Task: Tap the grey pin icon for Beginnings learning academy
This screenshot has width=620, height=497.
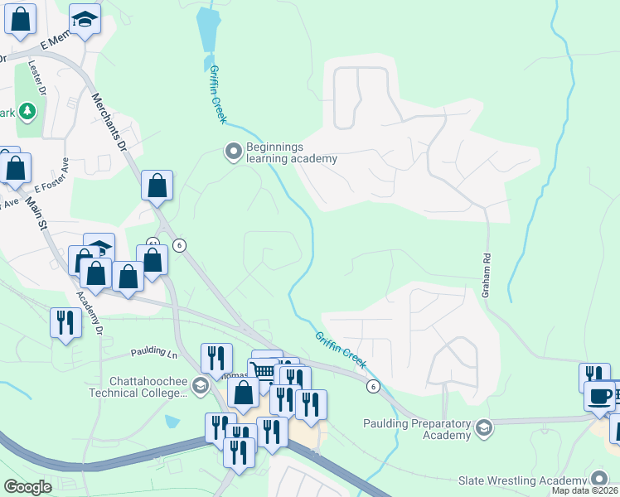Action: click(233, 151)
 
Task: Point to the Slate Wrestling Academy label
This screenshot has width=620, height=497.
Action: click(522, 480)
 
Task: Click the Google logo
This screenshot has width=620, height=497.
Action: click(27, 486)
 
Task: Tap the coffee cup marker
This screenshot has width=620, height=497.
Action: click(600, 397)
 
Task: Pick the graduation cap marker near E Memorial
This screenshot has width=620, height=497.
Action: click(84, 19)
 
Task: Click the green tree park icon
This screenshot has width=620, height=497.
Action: click(27, 110)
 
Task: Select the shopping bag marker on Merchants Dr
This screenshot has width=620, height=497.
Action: click(157, 186)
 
